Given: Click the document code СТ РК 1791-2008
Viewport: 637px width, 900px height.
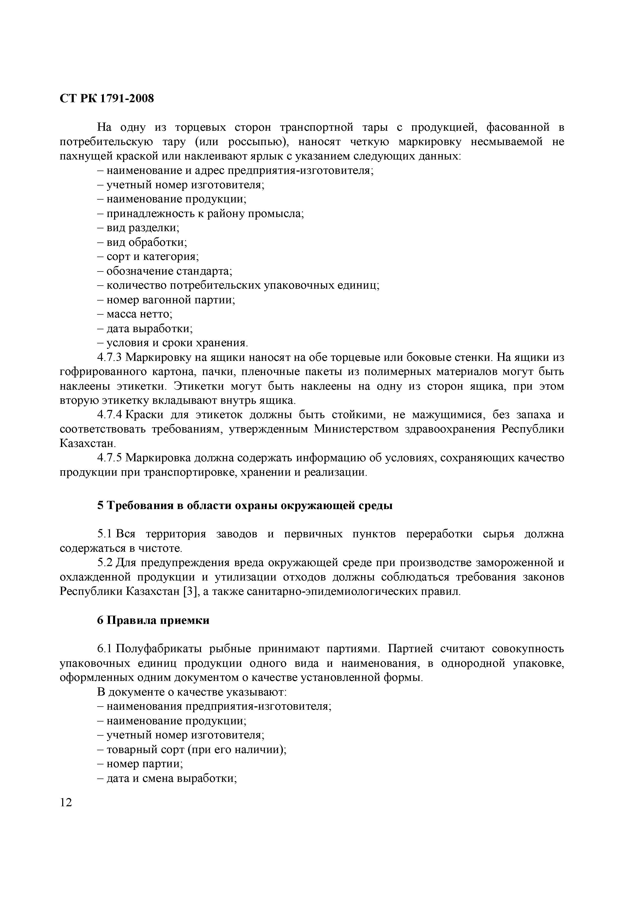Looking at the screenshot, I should pos(107,98).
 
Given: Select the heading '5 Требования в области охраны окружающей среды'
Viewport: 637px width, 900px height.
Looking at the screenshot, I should pos(245,506).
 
